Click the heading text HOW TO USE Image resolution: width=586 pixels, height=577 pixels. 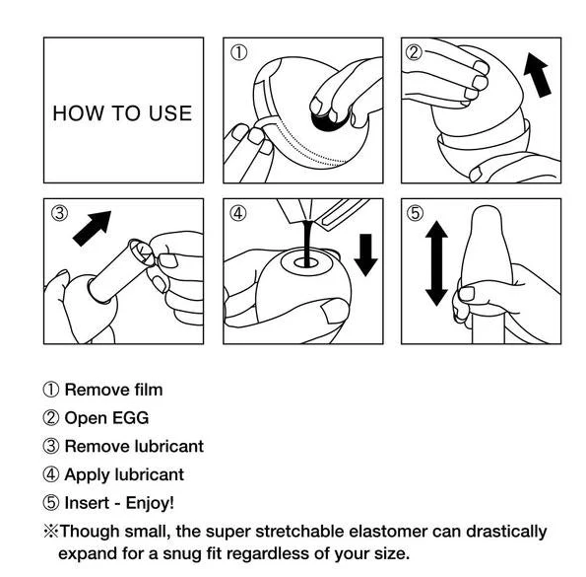click(x=122, y=113)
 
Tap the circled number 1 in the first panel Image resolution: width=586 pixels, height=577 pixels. click(x=238, y=52)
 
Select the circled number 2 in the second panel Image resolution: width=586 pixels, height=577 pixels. click(x=414, y=52)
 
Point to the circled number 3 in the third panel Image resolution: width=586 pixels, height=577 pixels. click(x=60, y=213)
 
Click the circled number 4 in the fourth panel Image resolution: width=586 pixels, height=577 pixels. click(x=238, y=213)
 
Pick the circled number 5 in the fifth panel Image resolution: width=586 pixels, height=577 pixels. click(x=416, y=213)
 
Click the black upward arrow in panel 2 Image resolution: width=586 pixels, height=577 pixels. click(x=537, y=75)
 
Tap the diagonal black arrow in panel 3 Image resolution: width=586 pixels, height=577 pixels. click(x=92, y=228)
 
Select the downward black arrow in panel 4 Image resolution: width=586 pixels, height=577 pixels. click(x=365, y=255)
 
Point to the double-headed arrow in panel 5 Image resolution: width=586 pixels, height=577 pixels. click(x=436, y=263)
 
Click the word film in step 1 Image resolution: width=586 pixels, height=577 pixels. click(x=149, y=390)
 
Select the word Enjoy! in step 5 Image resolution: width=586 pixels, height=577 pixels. click(x=150, y=503)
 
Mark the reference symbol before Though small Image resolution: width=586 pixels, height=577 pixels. click(x=51, y=532)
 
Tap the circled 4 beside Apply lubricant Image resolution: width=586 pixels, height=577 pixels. click(x=51, y=474)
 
